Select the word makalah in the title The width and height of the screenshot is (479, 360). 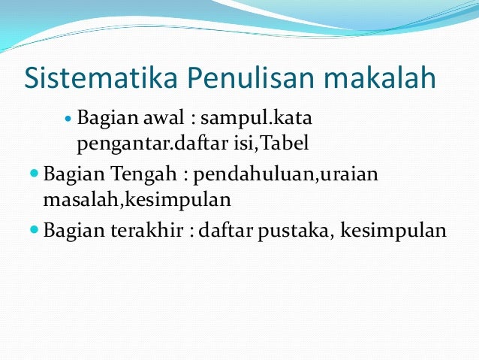(x=382, y=77)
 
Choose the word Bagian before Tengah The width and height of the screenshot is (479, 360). (x=74, y=175)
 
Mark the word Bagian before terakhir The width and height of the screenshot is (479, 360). (x=74, y=230)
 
